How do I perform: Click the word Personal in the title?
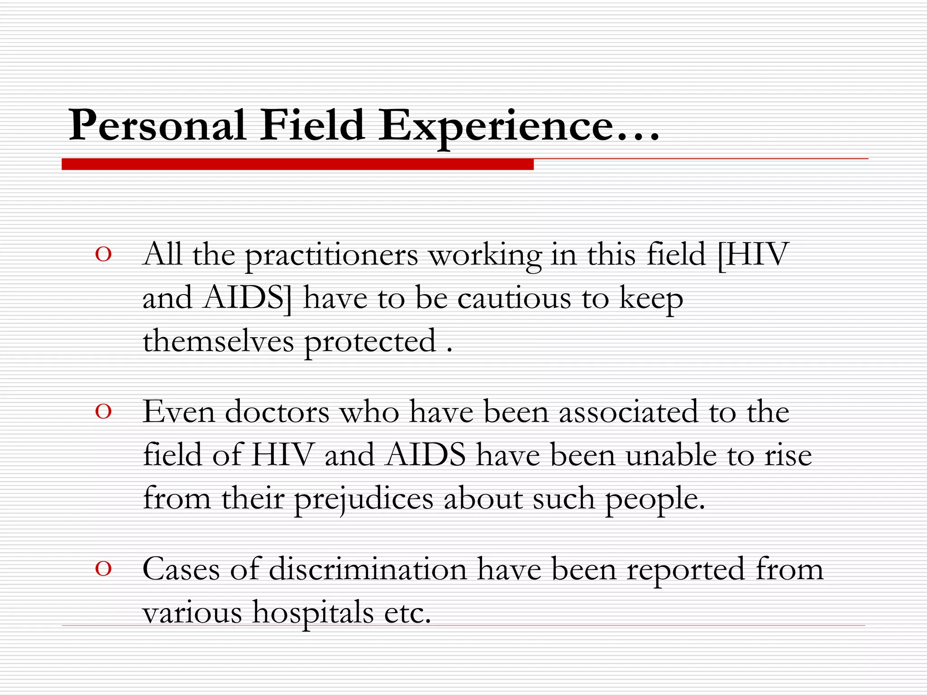point(157,125)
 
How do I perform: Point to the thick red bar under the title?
point(297,164)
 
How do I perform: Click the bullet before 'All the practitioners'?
point(103,255)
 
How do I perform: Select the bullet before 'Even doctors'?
point(103,412)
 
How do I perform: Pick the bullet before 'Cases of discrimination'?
point(103,569)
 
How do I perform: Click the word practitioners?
point(331,256)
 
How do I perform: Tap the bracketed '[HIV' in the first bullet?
point(752,254)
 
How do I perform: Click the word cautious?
point(514,299)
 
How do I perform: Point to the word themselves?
point(218,342)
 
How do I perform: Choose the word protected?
point(370,343)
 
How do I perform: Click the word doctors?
point(277,412)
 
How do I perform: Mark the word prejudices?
point(363,500)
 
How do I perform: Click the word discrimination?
point(368,569)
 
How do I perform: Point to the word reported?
point(685,570)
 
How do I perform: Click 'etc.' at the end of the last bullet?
point(407,613)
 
